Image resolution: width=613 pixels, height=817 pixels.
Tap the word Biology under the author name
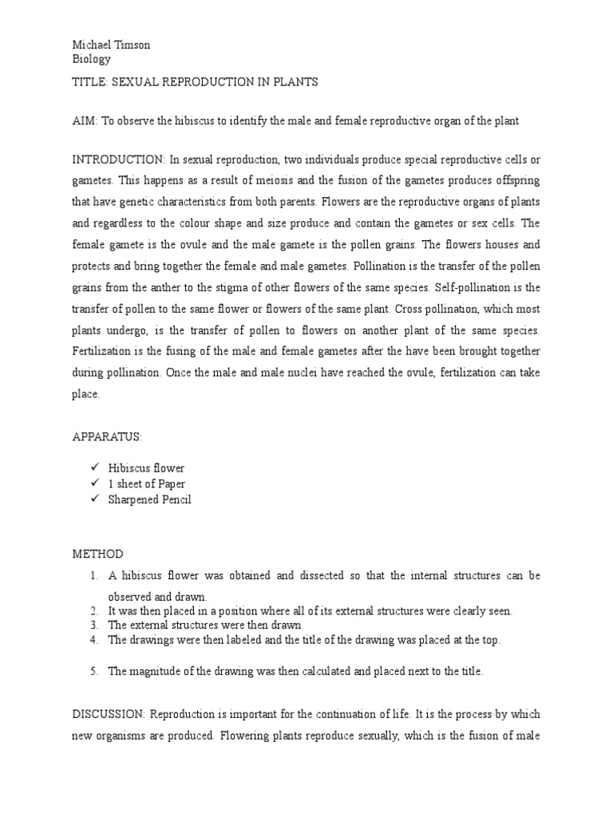pyautogui.click(x=86, y=59)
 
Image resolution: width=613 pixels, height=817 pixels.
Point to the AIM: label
pyautogui.click(x=78, y=120)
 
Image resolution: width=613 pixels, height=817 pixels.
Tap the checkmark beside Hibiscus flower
pyautogui.click(x=95, y=468)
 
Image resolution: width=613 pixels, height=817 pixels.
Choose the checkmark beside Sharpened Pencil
pyautogui.click(x=95, y=499)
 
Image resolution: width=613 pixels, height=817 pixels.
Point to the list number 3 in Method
pyautogui.click(x=93, y=625)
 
